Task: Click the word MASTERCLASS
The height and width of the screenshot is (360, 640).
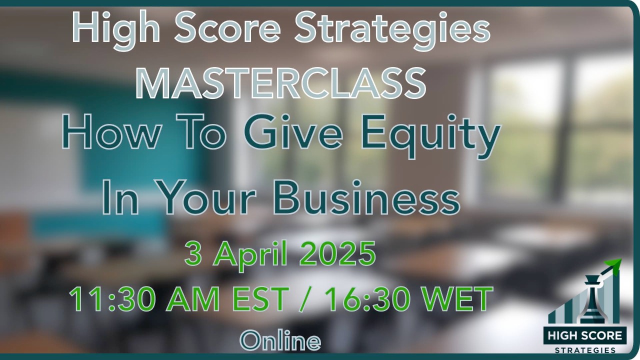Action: tap(281, 82)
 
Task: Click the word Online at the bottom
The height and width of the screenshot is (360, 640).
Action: tap(280, 340)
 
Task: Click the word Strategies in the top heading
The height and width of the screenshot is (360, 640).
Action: tap(391, 29)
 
